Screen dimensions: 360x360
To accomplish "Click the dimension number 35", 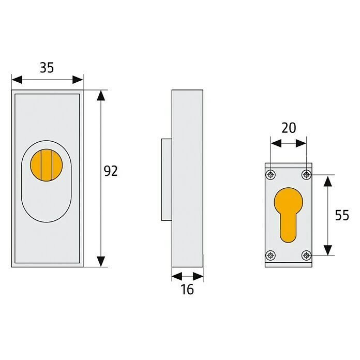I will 47,67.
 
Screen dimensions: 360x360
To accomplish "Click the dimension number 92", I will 111,171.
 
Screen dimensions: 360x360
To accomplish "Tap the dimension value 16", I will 187,289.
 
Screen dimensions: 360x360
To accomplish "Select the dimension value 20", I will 288,127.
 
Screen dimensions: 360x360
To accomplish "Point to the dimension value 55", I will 341,215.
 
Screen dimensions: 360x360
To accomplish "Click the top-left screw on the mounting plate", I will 269,174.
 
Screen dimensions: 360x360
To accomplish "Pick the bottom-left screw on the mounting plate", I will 269,254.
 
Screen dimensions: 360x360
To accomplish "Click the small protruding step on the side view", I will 166,179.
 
